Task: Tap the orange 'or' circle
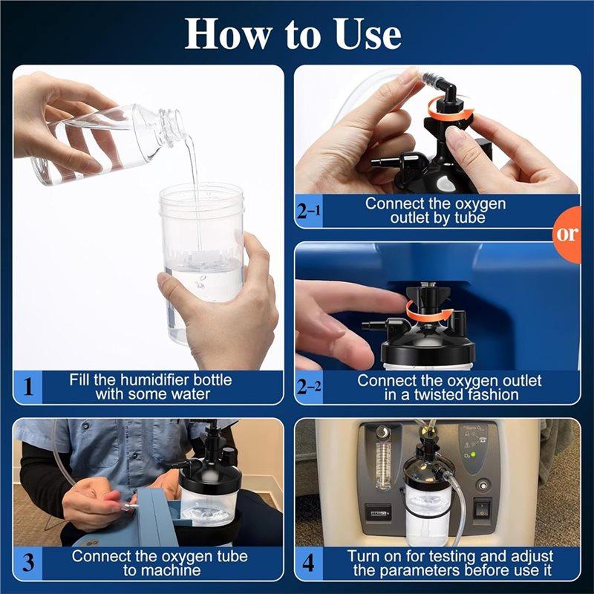tap(567, 234)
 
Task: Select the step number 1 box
tap(29, 387)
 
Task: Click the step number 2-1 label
tap(309, 211)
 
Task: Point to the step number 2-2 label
tap(309, 388)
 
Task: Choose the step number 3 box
tap(29, 562)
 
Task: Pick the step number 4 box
tap(309, 562)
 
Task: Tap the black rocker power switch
tap(483, 509)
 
